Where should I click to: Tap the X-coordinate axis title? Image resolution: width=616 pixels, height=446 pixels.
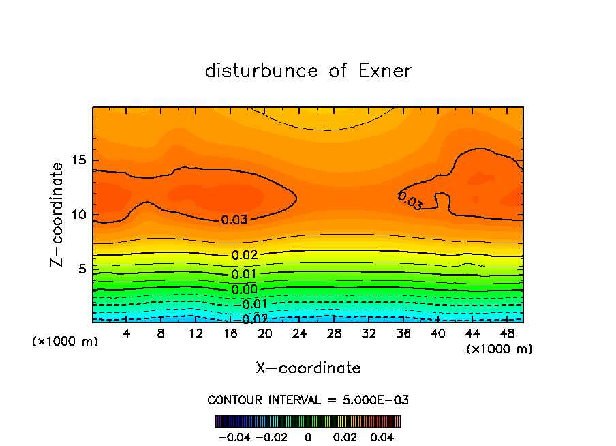coord(308,368)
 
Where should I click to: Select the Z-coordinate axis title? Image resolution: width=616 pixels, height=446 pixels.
coord(58,214)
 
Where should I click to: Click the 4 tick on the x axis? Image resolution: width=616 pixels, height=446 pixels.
coord(126,334)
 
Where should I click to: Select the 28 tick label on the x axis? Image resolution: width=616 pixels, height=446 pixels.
coord(334,334)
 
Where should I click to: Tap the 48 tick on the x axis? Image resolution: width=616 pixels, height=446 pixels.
coord(507,334)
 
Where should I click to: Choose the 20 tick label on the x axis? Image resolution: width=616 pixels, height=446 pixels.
coord(264,334)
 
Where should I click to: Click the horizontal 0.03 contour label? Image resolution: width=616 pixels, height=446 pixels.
coord(234,220)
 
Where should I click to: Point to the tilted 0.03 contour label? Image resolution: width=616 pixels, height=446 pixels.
coord(410,200)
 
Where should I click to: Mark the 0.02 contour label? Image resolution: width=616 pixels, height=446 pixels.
coord(244,255)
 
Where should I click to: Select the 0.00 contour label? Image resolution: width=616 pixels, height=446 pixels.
coord(244,289)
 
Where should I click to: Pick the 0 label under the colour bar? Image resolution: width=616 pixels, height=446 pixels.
coord(308,436)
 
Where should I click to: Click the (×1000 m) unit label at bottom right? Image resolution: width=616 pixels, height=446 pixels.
coord(499,348)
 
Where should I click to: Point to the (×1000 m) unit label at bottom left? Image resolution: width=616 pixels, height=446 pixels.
coord(65,341)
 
